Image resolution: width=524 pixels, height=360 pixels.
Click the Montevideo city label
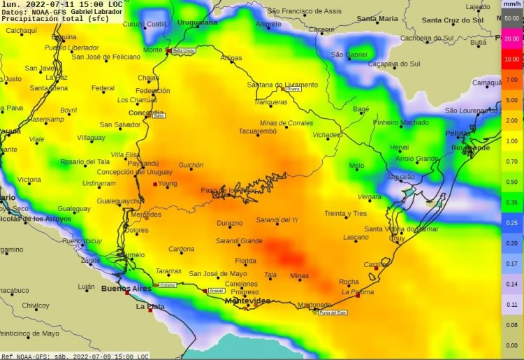[247, 301]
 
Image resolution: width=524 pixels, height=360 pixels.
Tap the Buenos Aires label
[126, 287]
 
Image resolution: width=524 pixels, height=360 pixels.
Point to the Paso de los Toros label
[228, 190]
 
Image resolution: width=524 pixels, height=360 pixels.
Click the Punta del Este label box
[333, 312]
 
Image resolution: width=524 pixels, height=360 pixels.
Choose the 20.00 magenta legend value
[511, 40]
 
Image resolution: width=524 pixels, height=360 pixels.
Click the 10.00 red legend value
[511, 60]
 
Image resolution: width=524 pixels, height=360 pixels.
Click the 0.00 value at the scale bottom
[511, 345]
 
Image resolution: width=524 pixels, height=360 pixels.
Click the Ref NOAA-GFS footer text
[28, 356]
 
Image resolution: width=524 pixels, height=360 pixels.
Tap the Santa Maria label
[377, 19]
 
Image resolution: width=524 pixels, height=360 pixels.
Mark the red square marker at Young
[155, 184]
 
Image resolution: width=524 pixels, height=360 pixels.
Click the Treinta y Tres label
[345, 213]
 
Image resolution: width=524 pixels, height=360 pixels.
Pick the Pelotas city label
[458, 133]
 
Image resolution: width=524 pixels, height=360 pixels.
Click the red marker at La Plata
[150, 310]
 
